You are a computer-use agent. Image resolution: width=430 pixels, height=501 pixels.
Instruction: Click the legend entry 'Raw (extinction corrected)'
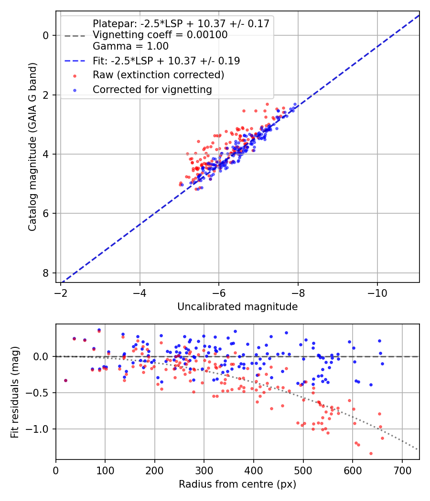158,75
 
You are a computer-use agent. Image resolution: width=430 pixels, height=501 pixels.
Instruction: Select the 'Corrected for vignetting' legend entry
152,89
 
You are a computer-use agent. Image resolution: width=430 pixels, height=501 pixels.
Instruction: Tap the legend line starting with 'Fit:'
166,61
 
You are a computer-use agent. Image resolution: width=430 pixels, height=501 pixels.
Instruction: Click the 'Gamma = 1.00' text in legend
130,46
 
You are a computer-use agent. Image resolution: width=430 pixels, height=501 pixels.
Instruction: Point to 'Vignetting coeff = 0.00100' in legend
160,35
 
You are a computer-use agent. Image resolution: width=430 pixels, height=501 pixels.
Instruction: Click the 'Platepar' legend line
181,23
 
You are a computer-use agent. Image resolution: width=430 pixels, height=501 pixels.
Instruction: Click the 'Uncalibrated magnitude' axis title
237,307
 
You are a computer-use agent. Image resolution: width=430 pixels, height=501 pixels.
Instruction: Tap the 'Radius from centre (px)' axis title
237,484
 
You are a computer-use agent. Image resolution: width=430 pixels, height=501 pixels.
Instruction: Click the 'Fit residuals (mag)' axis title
15,392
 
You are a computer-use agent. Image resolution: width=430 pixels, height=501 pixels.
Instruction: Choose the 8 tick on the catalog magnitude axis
46,273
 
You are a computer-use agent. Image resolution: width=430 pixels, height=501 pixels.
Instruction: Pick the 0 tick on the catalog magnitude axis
46,35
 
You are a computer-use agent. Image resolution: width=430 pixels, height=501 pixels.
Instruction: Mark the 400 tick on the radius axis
254,470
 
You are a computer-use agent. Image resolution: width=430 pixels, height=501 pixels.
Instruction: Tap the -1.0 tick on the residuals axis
39,429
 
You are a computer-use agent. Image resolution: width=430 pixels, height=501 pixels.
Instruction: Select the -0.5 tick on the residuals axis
39,393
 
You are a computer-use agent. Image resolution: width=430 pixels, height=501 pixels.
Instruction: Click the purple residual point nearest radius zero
65,380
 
